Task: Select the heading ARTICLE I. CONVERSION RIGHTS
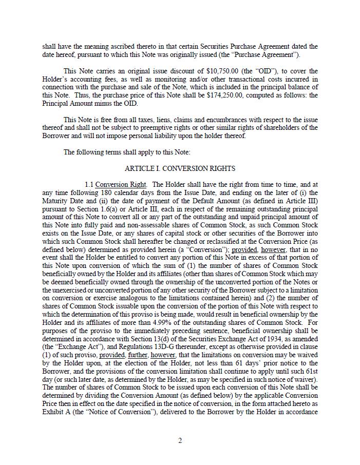point(180,168)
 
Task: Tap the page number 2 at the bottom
point(180,440)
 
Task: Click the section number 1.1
point(89,184)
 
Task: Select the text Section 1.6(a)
point(90,209)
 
